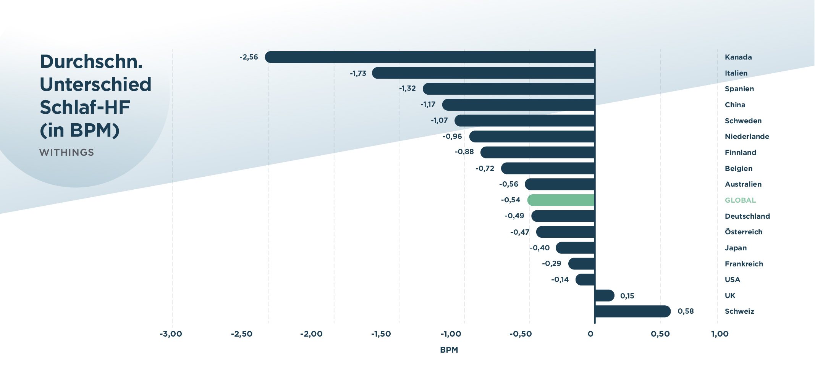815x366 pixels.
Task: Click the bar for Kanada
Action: point(430,57)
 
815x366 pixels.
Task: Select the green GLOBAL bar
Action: point(561,200)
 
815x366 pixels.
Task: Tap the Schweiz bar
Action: point(632,311)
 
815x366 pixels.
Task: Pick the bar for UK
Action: point(605,295)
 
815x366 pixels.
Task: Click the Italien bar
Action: point(483,73)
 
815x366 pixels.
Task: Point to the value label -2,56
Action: point(249,57)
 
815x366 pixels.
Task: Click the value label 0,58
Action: point(686,311)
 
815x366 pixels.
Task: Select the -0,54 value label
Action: point(511,200)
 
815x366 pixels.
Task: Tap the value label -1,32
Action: point(407,89)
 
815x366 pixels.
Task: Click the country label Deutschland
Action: point(747,216)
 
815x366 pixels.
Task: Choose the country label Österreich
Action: point(743,232)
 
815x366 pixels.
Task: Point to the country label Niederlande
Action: point(747,137)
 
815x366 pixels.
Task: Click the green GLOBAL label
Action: point(740,200)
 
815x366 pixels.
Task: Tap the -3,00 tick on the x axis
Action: point(171,334)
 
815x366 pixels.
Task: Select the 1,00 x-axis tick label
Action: point(720,334)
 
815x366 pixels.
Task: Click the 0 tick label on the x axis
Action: point(590,334)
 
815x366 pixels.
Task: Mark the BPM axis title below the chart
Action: point(449,350)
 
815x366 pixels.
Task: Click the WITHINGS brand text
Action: point(66,153)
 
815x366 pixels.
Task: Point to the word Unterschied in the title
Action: point(95,84)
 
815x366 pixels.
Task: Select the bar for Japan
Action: point(575,248)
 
